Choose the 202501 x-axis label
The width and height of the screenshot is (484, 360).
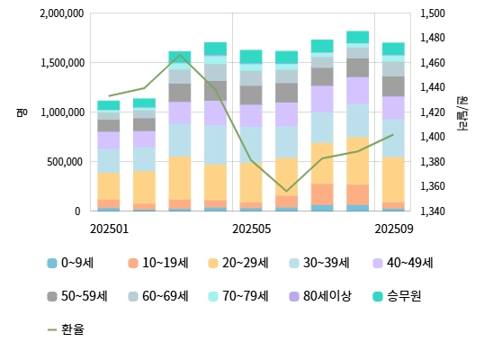108,229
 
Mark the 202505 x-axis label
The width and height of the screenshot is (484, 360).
251,229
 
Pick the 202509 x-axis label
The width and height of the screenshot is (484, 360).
393,229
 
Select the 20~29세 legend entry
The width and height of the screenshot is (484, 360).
239,263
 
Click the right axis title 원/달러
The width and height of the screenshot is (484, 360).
462,112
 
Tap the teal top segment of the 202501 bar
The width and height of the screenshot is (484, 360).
108,105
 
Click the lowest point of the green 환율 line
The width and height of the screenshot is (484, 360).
286,192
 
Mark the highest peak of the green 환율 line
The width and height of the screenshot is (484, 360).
179,55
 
